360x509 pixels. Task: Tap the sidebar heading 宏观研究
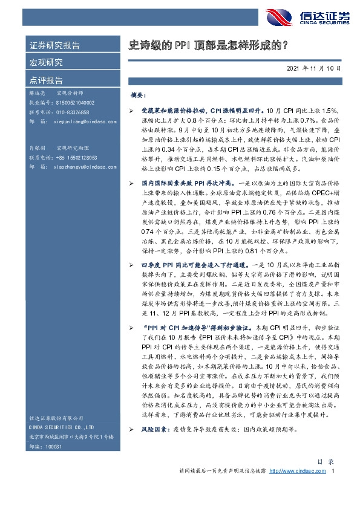tap(46, 62)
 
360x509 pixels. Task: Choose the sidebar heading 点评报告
tap(46, 80)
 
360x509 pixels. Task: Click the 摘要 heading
tap(139, 96)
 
